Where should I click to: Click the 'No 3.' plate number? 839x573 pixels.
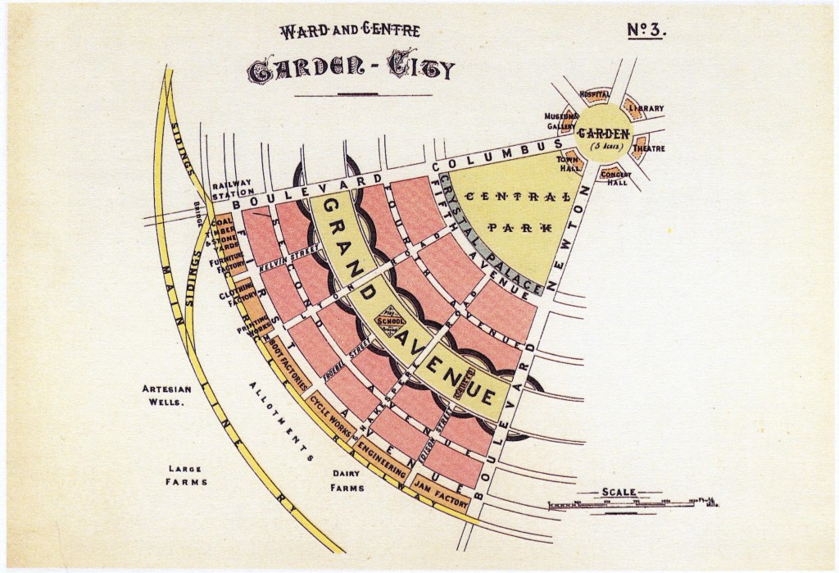click(648, 30)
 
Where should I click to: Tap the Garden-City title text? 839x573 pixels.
click(350, 70)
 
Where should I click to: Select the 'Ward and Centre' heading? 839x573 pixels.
click(350, 31)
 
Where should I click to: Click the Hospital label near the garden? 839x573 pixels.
click(595, 94)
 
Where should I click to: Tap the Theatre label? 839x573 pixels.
click(648, 148)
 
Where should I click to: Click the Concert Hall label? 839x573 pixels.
click(615, 178)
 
